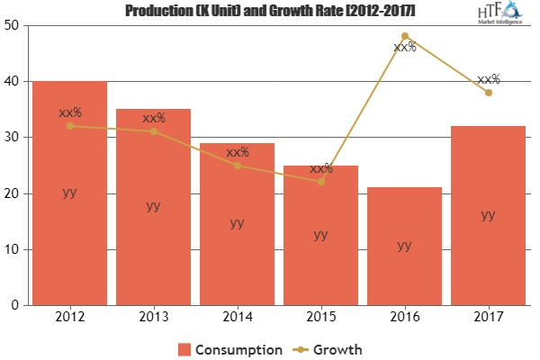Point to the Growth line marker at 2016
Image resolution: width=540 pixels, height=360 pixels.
pos(404,36)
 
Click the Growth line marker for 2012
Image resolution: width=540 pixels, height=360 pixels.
pos(69,126)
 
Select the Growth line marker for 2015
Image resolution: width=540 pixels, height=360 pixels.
pos(320,182)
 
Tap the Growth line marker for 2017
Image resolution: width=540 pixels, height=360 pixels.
pos(488,93)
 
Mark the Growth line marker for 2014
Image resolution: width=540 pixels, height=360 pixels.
pos(237,166)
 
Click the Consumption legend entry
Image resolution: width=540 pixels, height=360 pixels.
pos(230,348)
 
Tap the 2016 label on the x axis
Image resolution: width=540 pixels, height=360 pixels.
pos(404,317)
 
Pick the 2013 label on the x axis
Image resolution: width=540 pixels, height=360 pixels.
pos(153,317)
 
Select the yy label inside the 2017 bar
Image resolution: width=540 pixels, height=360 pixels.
pos(488,214)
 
